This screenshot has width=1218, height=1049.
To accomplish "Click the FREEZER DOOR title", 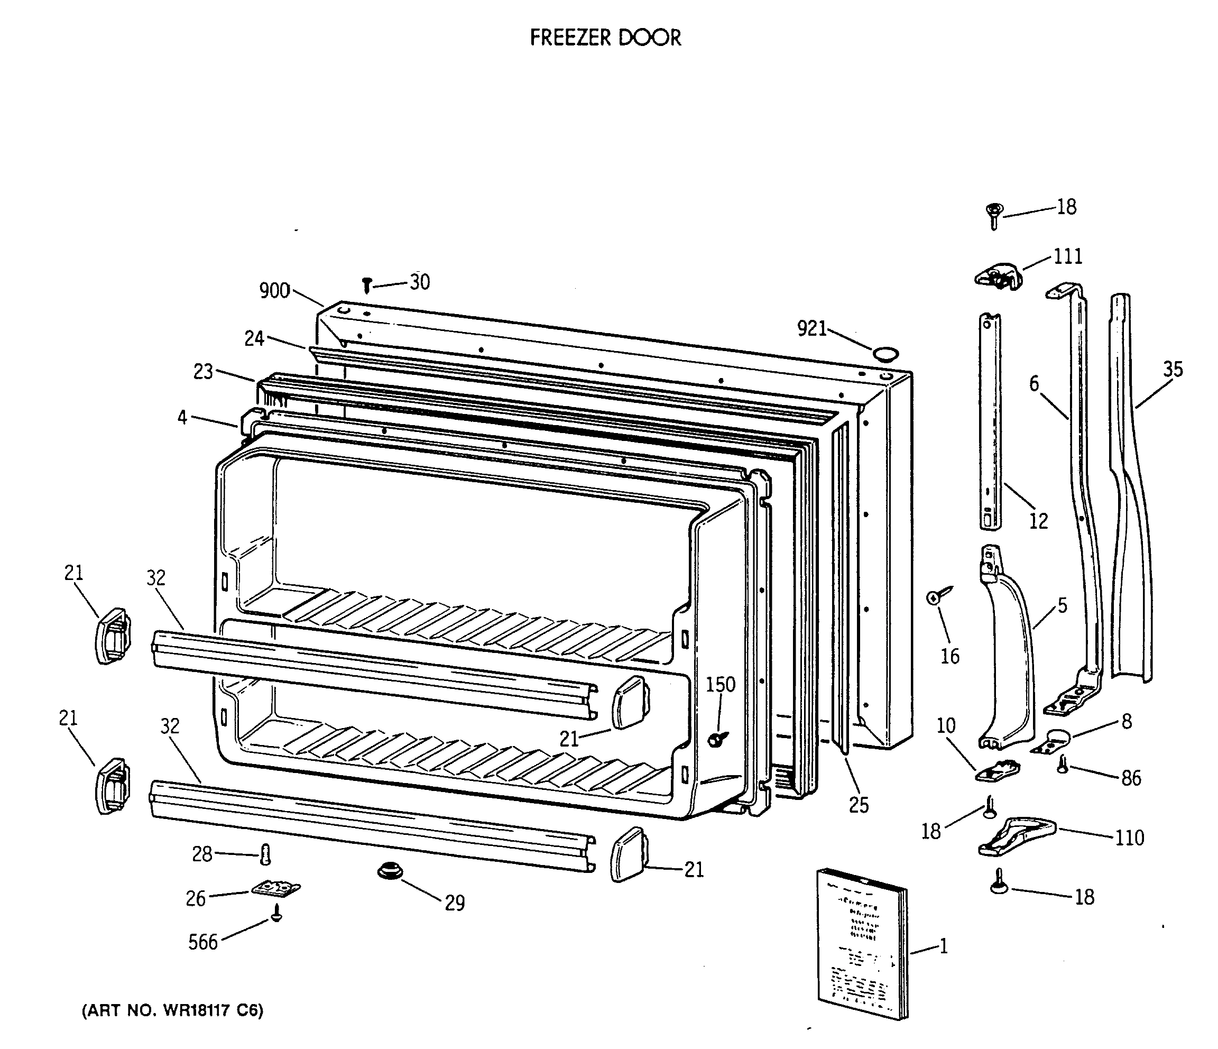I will tap(605, 38).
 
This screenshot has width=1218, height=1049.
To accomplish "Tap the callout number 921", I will tap(811, 329).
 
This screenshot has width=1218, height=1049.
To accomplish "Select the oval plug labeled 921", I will tap(885, 353).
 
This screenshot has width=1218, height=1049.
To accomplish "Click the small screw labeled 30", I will tap(367, 285).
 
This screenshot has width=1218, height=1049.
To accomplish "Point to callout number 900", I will tap(274, 290).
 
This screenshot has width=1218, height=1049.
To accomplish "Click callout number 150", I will tap(720, 684).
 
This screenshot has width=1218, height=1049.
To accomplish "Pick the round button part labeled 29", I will tap(389, 870).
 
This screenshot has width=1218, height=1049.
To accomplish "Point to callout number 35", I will tap(1173, 369).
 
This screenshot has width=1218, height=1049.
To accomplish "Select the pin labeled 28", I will tap(265, 854).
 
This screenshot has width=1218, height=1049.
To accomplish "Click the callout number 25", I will tap(858, 805).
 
